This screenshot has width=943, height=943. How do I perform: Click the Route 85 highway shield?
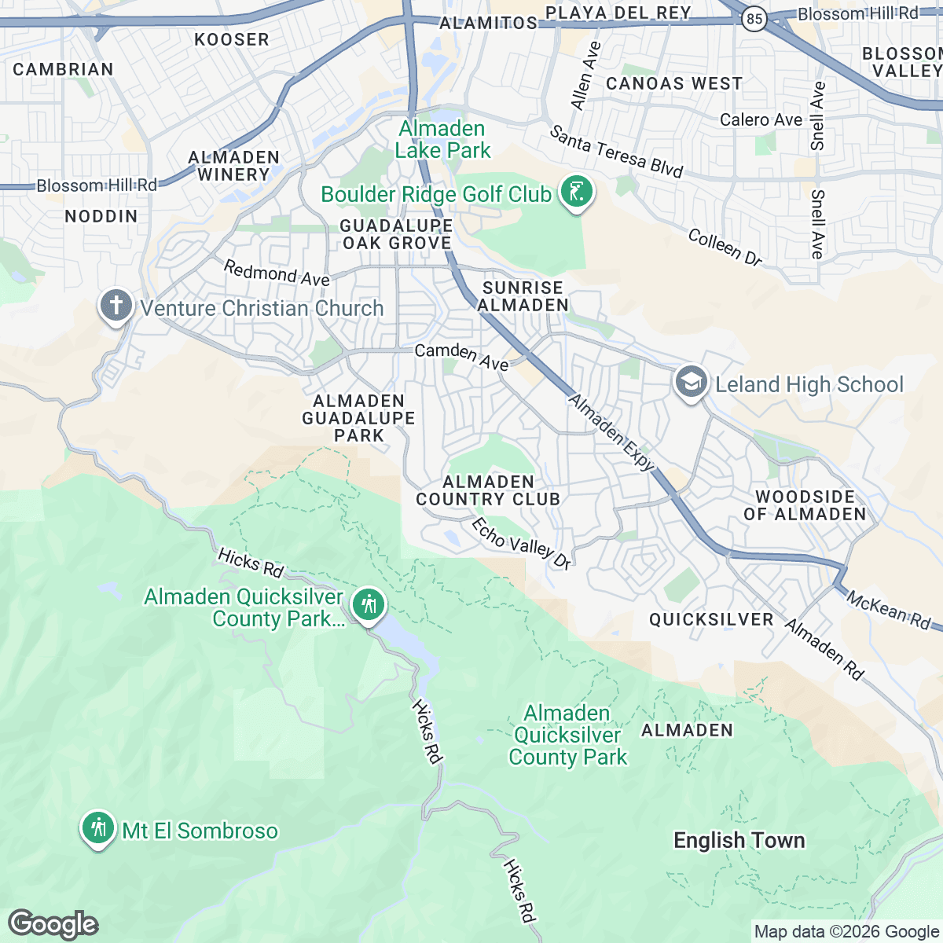pos(754,20)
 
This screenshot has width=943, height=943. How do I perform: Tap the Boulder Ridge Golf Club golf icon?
pos(577,193)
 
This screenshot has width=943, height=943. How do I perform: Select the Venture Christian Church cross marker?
pos(116,306)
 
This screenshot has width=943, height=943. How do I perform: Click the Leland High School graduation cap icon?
pos(691,383)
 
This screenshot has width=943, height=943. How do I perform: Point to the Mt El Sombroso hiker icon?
pos(98,829)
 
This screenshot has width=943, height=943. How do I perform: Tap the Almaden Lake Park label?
pos(442,140)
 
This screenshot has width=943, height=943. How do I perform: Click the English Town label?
pos(739,840)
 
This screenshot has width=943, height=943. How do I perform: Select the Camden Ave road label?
pos(461,356)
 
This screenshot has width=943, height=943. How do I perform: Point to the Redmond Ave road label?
pos(277,273)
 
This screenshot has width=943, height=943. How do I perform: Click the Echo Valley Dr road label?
pos(521,543)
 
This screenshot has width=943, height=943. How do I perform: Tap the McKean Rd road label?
pos(888,610)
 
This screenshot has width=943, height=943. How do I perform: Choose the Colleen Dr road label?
pos(725,247)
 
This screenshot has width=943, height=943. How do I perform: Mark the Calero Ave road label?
pos(761,119)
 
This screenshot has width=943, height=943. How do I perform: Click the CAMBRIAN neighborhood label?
pos(63,69)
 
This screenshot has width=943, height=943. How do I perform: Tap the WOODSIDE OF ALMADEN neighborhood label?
pos(805,505)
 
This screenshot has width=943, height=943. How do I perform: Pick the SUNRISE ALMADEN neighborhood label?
pos(523,296)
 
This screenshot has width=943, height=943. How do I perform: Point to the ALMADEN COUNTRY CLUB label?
pos(488,490)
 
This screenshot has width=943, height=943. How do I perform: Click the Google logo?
pos(53,924)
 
